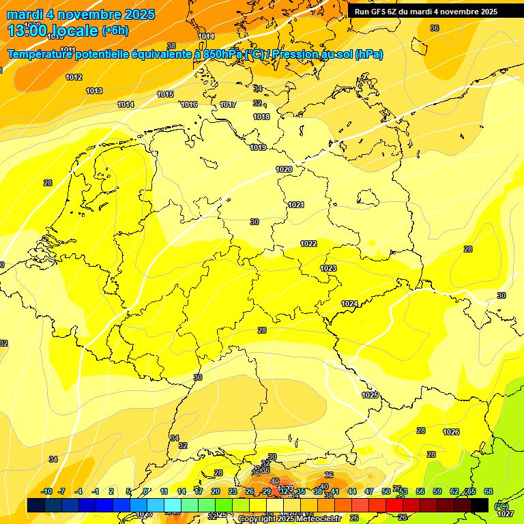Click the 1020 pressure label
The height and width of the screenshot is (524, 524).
284,169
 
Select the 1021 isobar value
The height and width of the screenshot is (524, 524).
295,205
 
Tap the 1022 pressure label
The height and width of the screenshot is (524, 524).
308,244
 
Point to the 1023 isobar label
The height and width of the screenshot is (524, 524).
328,268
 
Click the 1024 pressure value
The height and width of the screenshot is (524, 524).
349,304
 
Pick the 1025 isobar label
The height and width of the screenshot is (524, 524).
370,395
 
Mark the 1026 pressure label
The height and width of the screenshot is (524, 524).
451,432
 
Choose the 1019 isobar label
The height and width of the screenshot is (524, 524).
258,147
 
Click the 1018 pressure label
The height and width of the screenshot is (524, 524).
261,117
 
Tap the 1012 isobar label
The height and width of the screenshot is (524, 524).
74,77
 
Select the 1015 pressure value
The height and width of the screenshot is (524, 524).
165,94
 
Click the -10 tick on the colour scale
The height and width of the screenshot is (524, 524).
46,491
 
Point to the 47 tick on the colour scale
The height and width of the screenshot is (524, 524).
368,491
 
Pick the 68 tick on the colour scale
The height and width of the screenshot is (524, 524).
488,491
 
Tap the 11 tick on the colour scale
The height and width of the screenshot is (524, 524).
164,491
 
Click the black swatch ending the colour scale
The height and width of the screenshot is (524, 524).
480,505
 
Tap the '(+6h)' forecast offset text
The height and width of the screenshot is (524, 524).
115,30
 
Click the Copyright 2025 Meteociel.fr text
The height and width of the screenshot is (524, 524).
289,519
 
